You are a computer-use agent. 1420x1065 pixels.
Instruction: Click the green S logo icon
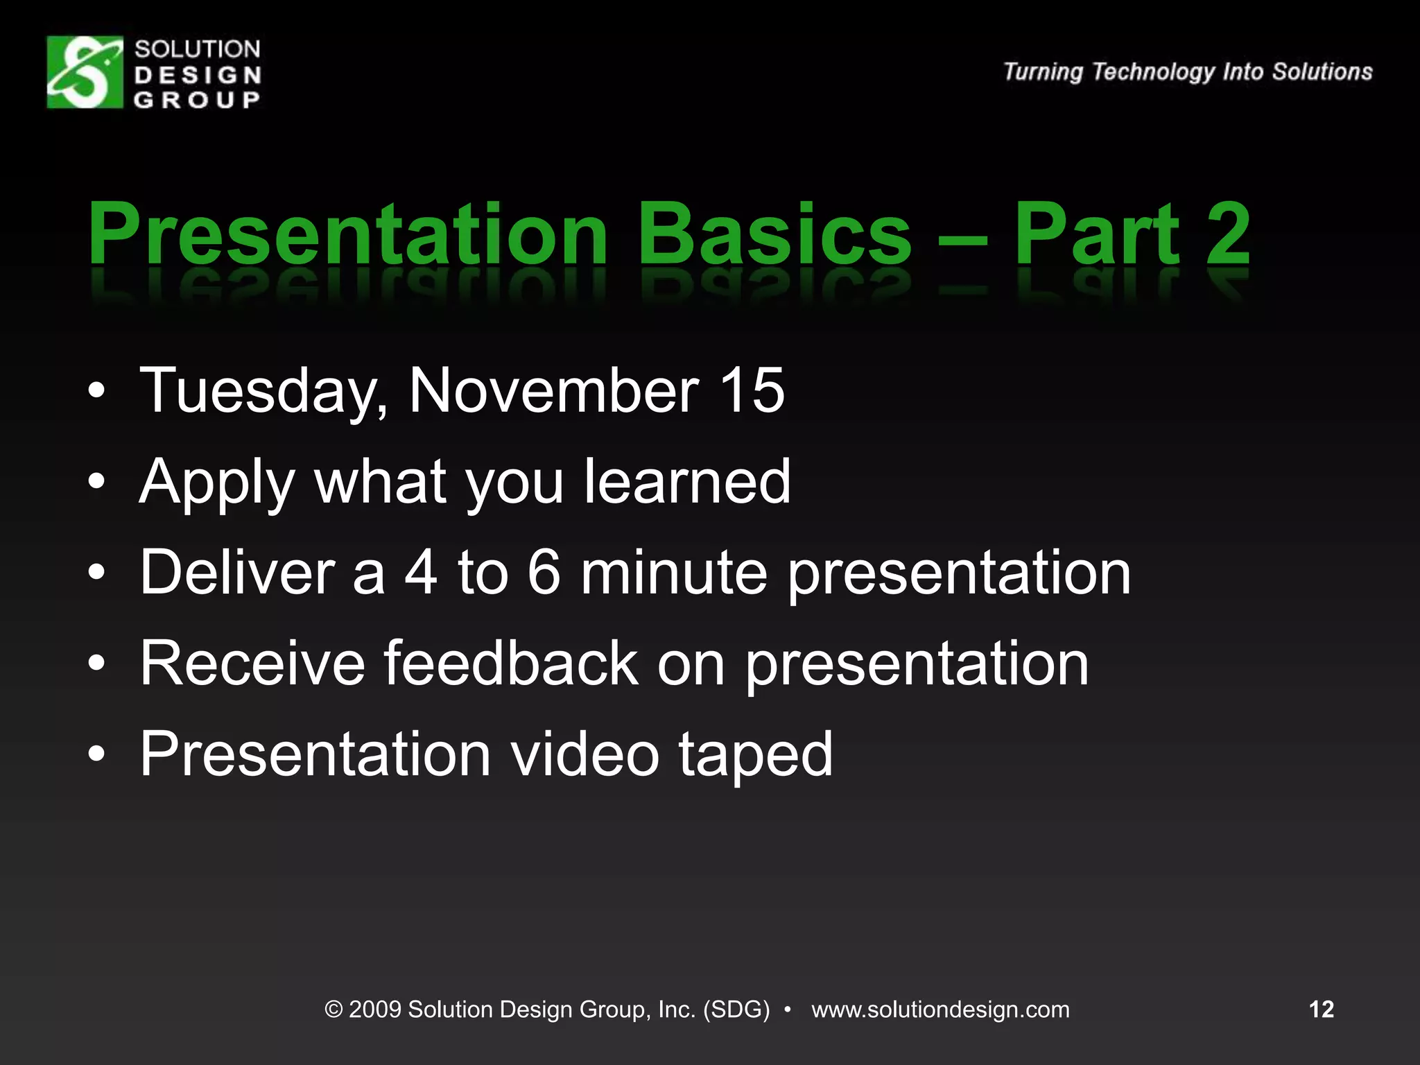coord(85,72)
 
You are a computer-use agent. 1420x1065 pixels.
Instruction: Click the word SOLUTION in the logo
coord(198,49)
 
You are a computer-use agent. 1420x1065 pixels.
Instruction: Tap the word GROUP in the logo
coord(198,100)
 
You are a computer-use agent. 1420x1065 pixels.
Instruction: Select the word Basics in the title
coord(774,234)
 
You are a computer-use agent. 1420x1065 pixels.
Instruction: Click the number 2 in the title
coord(1227,234)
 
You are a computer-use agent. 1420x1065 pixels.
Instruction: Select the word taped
coord(755,756)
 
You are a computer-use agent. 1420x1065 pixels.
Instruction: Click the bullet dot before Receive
coord(96,664)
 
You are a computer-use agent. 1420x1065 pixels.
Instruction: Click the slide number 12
coord(1321,1009)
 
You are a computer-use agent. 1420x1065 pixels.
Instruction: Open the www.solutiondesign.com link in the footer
coord(940,1010)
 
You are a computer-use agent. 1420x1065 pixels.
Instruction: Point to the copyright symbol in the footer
coord(334,1010)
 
